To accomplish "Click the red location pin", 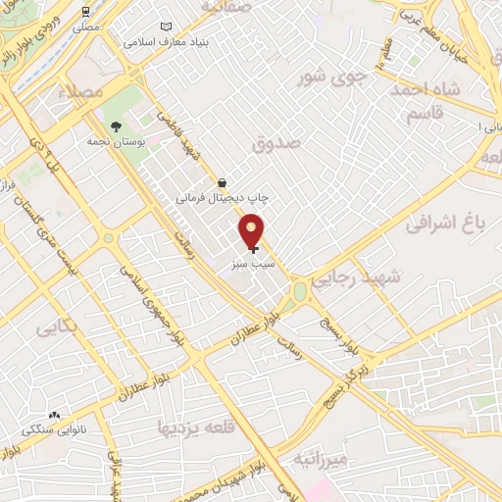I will (252, 230).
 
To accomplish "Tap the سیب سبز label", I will (254, 264).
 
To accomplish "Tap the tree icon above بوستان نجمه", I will (117, 126).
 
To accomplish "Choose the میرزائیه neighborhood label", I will (321, 459).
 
